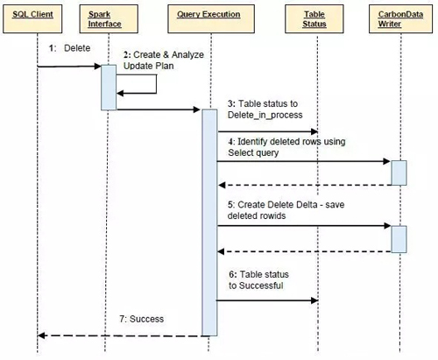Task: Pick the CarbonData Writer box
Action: click(399, 18)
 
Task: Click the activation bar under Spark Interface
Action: click(109, 87)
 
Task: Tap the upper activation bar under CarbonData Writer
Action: click(399, 173)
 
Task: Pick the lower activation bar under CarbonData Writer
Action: click(399, 238)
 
